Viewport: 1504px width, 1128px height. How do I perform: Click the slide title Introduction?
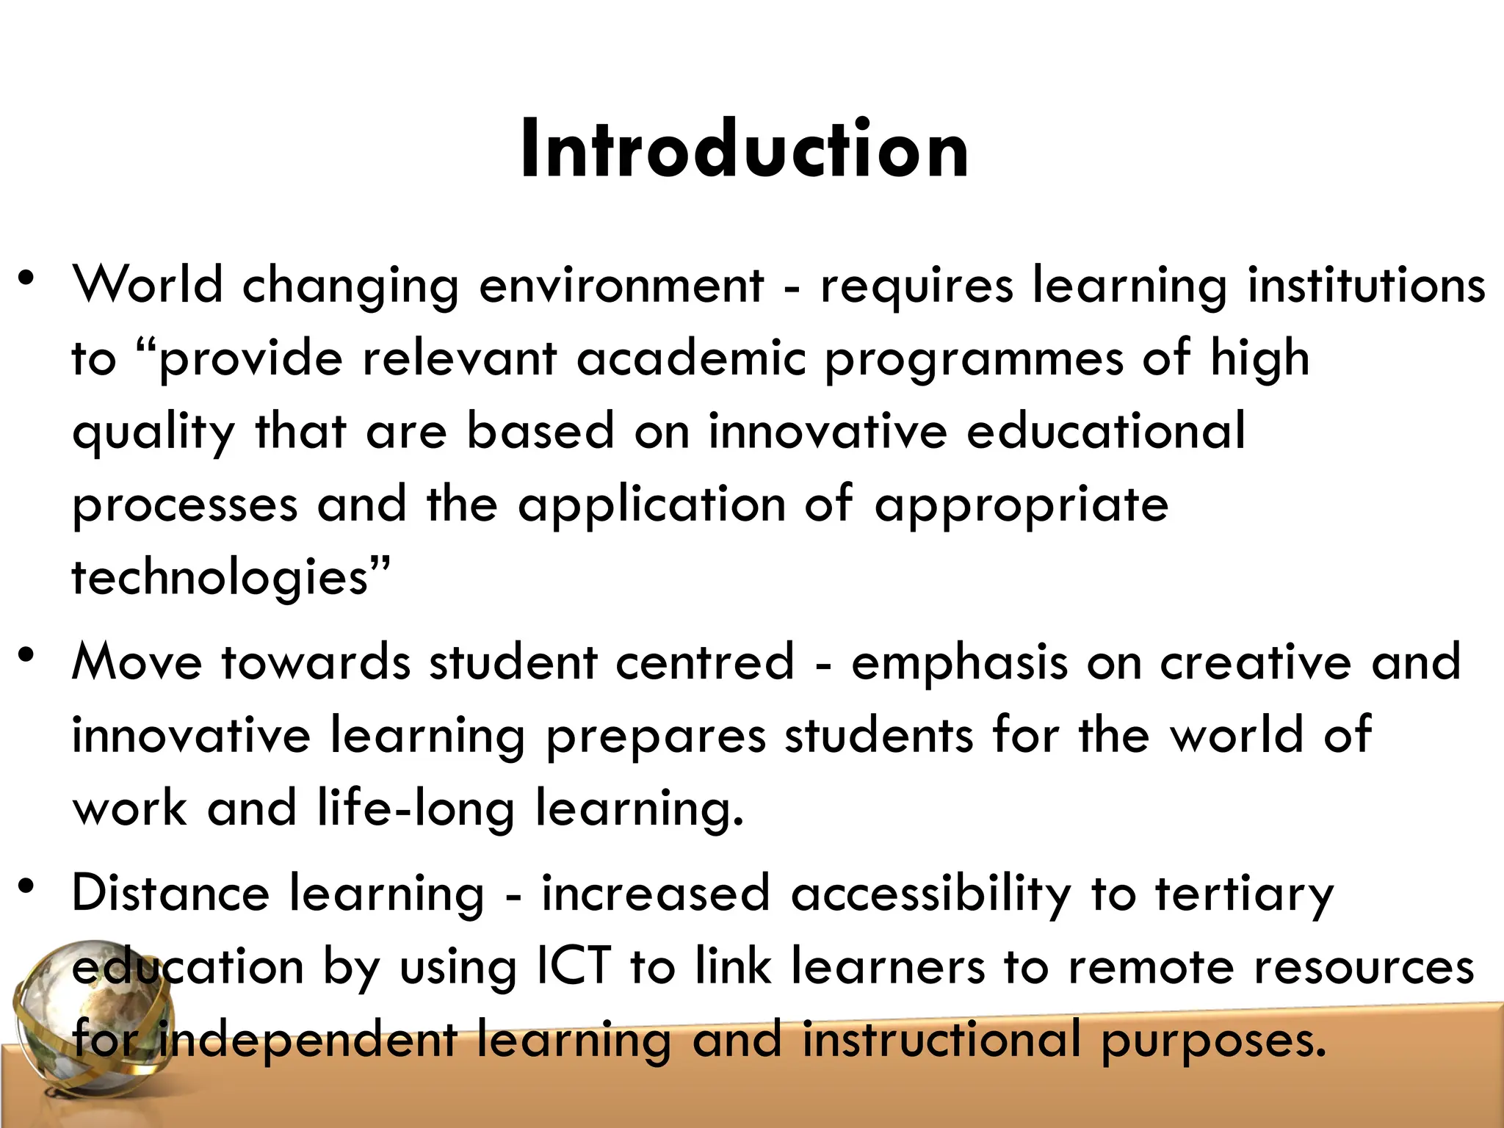(745, 150)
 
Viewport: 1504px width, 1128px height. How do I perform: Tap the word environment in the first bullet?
(621, 285)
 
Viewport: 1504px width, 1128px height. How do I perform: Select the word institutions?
(1367, 285)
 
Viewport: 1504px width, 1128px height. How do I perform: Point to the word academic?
(691, 359)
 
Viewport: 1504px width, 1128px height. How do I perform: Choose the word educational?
(1106, 431)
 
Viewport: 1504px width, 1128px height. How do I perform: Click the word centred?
(705, 662)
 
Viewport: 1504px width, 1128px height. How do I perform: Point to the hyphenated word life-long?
(416, 809)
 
